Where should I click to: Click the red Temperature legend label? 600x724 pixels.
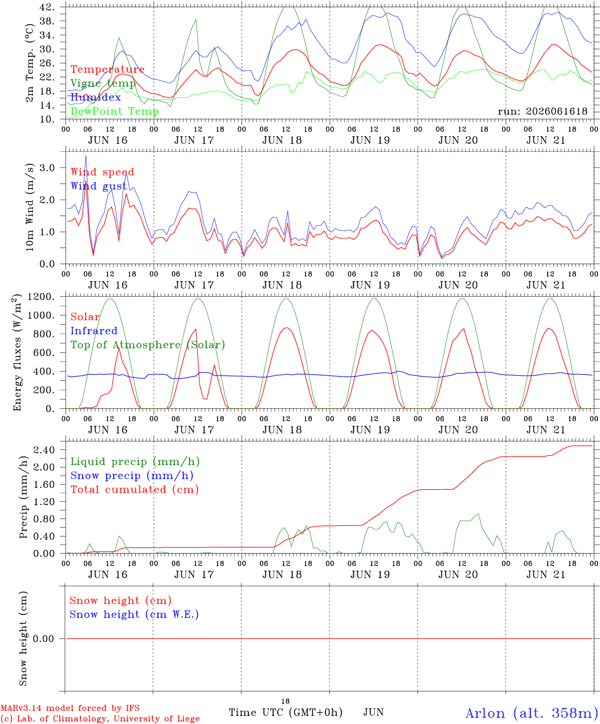point(108,69)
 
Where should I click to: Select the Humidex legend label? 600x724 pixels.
point(95,97)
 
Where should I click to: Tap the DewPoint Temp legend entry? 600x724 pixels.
point(115,111)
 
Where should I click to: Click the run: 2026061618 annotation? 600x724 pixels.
point(542,111)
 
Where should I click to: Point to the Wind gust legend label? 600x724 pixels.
point(99,186)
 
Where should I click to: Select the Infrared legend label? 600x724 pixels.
point(94,331)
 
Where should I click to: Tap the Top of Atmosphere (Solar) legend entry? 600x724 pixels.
point(148,345)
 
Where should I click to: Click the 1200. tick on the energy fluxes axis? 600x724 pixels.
point(41,297)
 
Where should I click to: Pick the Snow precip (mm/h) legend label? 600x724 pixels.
point(132,476)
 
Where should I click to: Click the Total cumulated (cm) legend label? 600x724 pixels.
point(135,489)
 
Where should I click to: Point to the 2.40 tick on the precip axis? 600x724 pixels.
point(44,450)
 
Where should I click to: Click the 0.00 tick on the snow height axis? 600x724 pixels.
point(43,639)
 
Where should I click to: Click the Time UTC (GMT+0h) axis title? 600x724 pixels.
point(285,712)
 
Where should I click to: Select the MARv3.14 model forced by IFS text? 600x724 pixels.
point(70,708)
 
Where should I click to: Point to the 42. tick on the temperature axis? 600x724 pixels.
point(47,7)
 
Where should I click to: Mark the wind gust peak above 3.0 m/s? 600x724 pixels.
point(86,156)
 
